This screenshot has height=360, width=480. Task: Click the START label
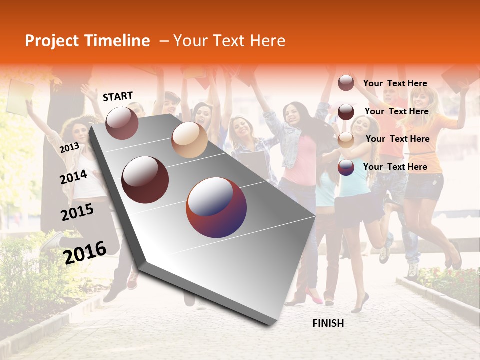pos(118,96)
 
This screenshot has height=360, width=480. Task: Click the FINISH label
pos(328,323)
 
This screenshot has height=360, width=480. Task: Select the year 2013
pos(69,148)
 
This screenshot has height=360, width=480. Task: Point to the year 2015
pos(77,212)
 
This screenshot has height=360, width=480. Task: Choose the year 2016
pos(85,252)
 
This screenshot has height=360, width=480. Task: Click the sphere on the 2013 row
pos(122,123)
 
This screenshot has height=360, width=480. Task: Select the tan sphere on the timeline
pos(189,140)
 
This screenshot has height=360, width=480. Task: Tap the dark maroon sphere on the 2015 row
pos(145,180)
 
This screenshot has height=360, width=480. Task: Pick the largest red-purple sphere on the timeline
pos(216,207)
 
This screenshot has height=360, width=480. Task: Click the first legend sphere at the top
pos(346,83)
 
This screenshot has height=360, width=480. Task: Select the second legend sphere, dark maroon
pos(346,111)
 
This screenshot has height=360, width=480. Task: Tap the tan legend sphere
pos(346,140)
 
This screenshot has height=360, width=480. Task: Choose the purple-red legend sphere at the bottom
pos(346,167)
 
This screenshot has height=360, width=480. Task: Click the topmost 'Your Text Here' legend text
pos(395,83)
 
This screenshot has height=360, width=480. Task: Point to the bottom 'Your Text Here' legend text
pos(395,167)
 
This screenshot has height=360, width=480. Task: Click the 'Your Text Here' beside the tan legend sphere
pos(397,139)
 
